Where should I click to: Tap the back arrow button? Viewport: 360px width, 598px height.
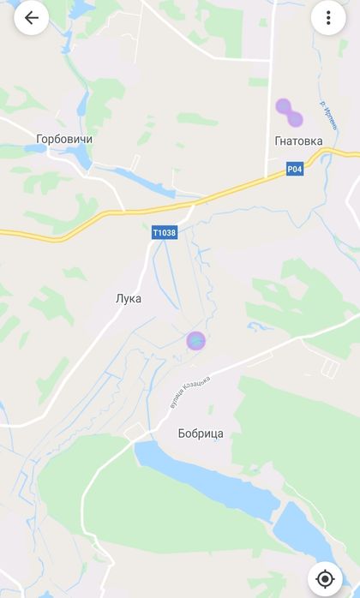[x=32, y=18]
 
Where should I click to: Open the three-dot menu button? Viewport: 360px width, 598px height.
[x=328, y=18]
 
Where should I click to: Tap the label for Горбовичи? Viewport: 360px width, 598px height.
[x=64, y=139]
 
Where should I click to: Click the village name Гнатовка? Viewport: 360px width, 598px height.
[x=299, y=141]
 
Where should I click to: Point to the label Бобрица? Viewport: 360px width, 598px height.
[x=201, y=434]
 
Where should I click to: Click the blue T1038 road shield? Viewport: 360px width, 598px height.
[x=164, y=232]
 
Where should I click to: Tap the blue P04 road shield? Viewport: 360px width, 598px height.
[x=295, y=170]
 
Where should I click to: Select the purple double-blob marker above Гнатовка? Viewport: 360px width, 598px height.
[x=288, y=112]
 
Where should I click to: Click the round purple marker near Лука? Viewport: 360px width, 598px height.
[x=196, y=341]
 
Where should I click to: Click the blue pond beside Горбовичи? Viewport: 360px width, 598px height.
[x=80, y=157]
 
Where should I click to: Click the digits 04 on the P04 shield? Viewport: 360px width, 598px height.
[x=297, y=170]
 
